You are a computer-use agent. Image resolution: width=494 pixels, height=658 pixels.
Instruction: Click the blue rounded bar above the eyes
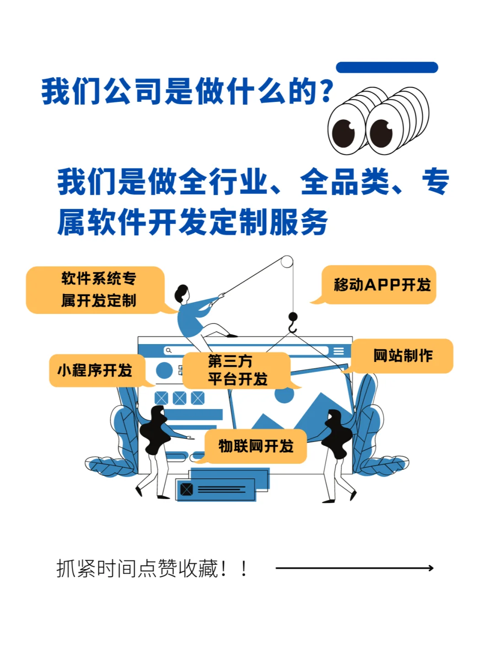click(387, 68)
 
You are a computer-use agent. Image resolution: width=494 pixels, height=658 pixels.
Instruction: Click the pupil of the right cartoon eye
click(381, 133)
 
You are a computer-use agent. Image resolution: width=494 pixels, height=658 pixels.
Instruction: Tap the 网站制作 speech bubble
click(403, 356)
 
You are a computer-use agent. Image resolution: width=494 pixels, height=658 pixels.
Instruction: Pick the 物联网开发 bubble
click(256, 446)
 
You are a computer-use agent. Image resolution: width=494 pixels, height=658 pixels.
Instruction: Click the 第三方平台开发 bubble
click(237, 370)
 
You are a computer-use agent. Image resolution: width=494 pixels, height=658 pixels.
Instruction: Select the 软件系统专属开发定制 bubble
click(96, 290)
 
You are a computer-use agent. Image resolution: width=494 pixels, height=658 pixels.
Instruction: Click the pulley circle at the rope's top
click(287, 262)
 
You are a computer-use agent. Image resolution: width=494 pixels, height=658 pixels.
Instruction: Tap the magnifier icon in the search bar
click(169, 350)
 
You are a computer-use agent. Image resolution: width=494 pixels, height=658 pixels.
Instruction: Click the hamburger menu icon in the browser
click(338, 351)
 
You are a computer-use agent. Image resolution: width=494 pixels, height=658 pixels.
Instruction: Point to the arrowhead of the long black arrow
click(430, 568)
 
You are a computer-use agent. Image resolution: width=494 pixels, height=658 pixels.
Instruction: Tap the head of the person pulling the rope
click(182, 292)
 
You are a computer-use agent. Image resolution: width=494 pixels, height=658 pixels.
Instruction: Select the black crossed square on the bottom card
click(187, 489)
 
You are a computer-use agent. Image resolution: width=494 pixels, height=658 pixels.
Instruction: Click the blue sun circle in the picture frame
click(284, 394)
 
